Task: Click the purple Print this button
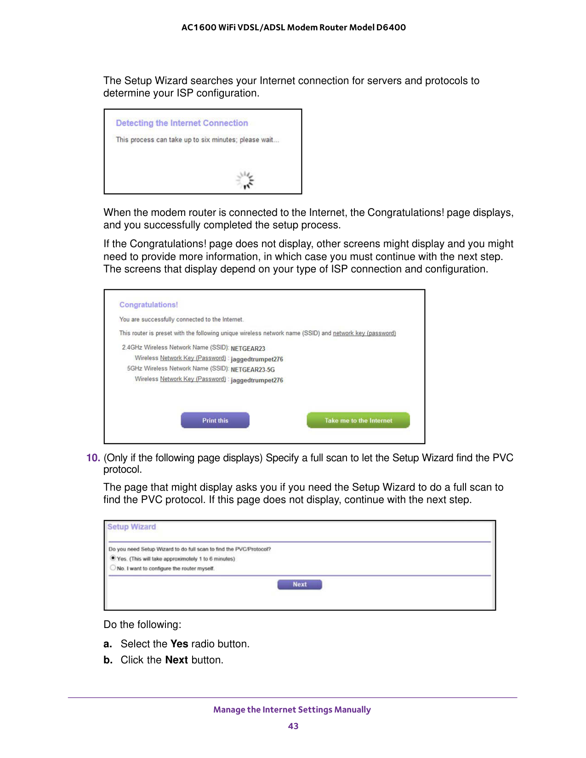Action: coord(215,420)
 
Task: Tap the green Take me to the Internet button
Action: coord(358,420)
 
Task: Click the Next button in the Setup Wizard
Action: coord(300,584)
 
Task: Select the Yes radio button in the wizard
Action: coord(113,558)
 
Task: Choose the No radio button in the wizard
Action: coord(113,568)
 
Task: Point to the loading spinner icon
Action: coord(245,180)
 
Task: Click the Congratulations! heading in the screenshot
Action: coord(148,305)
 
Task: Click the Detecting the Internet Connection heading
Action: coord(182,123)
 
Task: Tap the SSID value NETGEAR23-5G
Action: coord(253,369)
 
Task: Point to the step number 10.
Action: coord(93,458)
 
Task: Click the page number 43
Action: coord(293,726)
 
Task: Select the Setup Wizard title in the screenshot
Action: coord(131,526)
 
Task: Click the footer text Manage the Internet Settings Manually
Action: coord(292,710)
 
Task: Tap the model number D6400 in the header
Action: coord(391,27)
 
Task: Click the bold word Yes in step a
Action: coord(179,644)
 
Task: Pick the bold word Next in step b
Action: coord(176,660)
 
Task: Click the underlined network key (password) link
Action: coord(364,333)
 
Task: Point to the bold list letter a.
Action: coord(108,644)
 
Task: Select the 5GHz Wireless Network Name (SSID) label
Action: coord(177,368)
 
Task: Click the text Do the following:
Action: coord(142,625)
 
